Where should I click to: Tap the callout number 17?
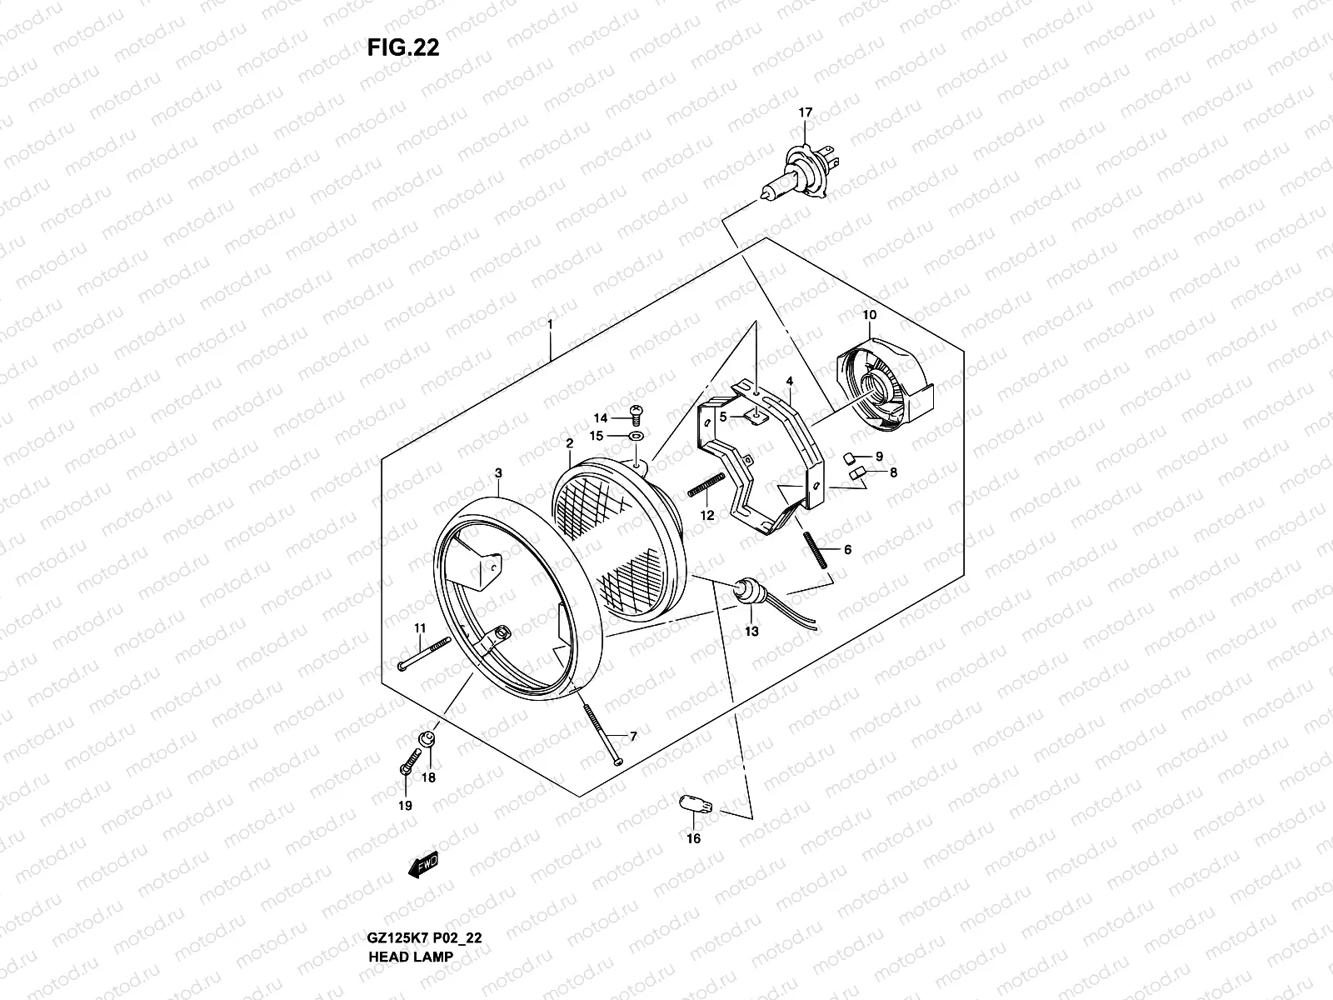click(805, 112)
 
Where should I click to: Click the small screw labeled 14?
click(636, 412)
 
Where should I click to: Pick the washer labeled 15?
click(637, 436)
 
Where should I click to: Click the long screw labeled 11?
click(424, 652)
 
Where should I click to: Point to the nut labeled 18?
click(426, 738)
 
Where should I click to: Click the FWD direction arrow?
click(422, 866)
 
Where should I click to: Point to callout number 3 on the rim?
click(498, 473)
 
